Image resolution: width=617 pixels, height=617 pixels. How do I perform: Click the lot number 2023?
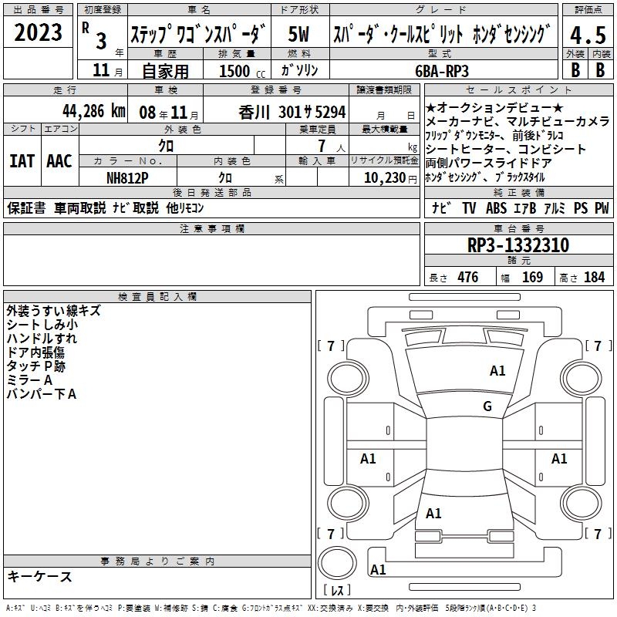tap(38, 32)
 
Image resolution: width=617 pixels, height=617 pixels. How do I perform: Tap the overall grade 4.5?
tap(588, 35)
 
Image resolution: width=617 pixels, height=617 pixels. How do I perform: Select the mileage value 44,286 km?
tap(93, 111)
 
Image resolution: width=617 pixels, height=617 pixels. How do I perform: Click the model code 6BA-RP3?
tap(442, 71)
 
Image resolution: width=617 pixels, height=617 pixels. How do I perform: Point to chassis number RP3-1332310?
tap(518, 245)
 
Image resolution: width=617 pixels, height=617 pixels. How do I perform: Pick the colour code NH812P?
tap(127, 178)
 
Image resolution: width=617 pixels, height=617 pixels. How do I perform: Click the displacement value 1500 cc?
tap(242, 71)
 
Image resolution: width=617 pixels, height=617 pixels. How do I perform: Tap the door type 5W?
tap(298, 34)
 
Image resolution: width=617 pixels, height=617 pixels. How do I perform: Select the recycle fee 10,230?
tap(385, 178)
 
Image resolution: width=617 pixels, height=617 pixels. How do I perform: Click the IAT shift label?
tap(22, 161)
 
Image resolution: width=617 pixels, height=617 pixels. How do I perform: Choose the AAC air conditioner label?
tap(59, 161)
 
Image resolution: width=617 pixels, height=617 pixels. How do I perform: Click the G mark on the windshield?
tap(487, 406)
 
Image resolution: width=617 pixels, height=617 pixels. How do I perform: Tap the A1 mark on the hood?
tap(497, 371)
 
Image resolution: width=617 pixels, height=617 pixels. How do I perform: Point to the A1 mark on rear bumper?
tap(378, 569)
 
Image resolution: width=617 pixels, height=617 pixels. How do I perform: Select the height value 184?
tap(594, 278)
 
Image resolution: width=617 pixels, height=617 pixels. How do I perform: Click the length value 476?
tap(468, 278)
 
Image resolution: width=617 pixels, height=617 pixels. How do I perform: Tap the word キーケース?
tap(39, 576)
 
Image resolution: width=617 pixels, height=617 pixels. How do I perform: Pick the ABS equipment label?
tap(496, 207)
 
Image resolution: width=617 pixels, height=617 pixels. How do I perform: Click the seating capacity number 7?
tap(322, 146)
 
